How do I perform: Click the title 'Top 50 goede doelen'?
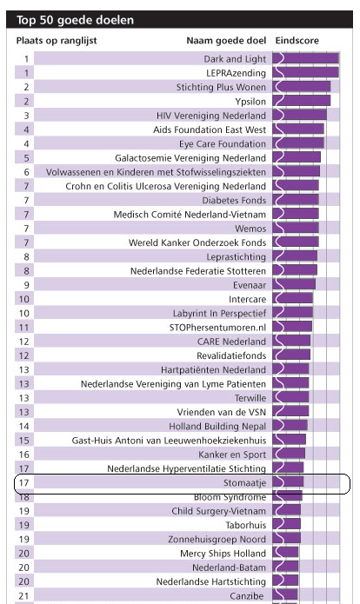pyautogui.click(x=75, y=20)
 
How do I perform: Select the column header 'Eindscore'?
pyautogui.click(x=297, y=41)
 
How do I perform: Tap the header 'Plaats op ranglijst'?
pyautogui.click(x=57, y=41)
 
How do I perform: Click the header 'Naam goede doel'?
pyautogui.click(x=226, y=41)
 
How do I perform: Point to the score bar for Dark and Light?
pyautogui.click(x=306, y=58)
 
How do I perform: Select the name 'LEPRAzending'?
pyautogui.click(x=236, y=73)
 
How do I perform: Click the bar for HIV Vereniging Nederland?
pyautogui.click(x=299, y=116)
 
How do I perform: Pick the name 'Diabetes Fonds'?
pyautogui.click(x=234, y=200)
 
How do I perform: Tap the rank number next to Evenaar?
pyautogui.click(x=26, y=285)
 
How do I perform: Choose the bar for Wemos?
pyautogui.click(x=296, y=229)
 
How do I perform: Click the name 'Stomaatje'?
pyautogui.click(x=244, y=482)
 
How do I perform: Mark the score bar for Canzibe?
pyautogui.click(x=285, y=595)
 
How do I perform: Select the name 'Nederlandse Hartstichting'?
pyautogui.click(x=210, y=581)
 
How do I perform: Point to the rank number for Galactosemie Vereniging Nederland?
pyautogui.click(x=26, y=158)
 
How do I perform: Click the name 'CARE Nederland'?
pyautogui.click(x=231, y=342)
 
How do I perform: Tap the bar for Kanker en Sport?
pyautogui.click(x=289, y=455)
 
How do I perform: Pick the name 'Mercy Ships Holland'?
pyautogui.click(x=223, y=554)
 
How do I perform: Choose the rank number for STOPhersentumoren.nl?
pyautogui.click(x=23, y=328)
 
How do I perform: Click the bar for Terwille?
pyautogui.click(x=290, y=397)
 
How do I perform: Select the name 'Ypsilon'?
pyautogui.click(x=250, y=102)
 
